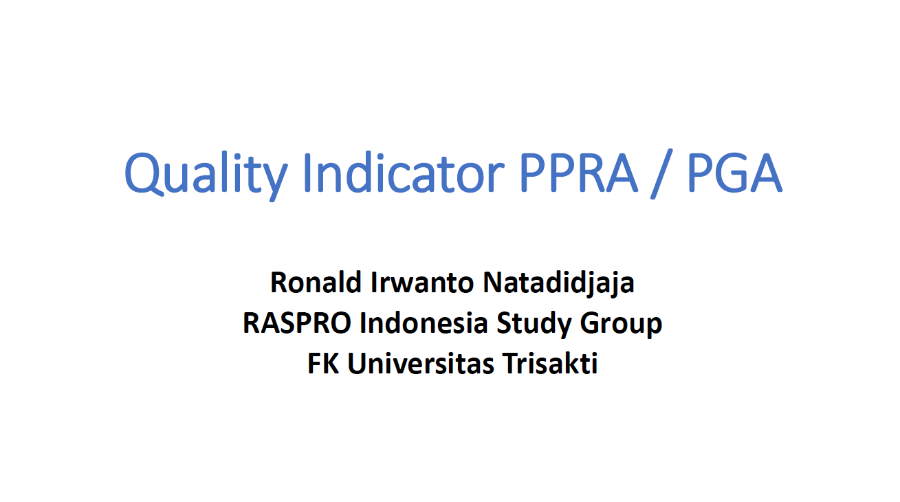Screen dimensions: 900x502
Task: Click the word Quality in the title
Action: (x=206, y=175)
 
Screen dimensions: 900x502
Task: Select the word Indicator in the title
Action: (x=404, y=173)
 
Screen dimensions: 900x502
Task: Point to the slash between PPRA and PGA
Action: (x=661, y=173)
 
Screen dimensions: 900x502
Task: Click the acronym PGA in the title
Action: (x=735, y=173)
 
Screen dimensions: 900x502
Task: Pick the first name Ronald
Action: (x=316, y=282)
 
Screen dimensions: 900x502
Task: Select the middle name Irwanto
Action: (x=422, y=282)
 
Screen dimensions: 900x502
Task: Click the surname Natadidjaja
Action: (x=558, y=284)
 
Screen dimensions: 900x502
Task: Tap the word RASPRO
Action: (x=297, y=323)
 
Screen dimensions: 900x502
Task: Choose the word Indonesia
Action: (x=424, y=323)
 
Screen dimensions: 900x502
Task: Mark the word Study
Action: (x=534, y=325)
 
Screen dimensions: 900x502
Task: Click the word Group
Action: (x=621, y=325)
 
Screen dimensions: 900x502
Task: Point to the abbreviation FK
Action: (x=323, y=363)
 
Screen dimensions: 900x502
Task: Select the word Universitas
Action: (x=420, y=363)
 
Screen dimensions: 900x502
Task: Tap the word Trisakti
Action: (x=549, y=363)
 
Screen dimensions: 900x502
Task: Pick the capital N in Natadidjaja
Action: (x=494, y=283)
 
